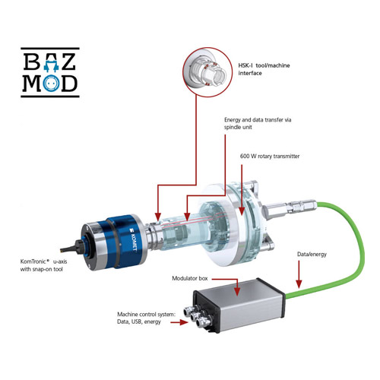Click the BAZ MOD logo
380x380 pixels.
click(50, 72)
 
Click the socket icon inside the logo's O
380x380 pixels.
click(52, 83)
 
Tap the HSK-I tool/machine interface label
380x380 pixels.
click(264, 69)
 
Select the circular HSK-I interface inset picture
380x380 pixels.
click(207, 72)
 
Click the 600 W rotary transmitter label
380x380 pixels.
click(270, 156)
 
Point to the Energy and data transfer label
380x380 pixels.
click(258, 123)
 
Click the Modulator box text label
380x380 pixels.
click(190, 278)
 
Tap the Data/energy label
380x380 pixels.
click(312, 254)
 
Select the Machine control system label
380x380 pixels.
click(146, 318)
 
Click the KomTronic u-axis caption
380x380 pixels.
click(43, 265)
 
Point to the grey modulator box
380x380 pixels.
click(239, 306)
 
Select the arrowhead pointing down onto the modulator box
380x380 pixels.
click(237, 291)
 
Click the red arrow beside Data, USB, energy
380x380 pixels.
click(179, 322)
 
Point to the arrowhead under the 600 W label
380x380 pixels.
click(242, 211)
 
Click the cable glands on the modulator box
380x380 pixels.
click(196, 316)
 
